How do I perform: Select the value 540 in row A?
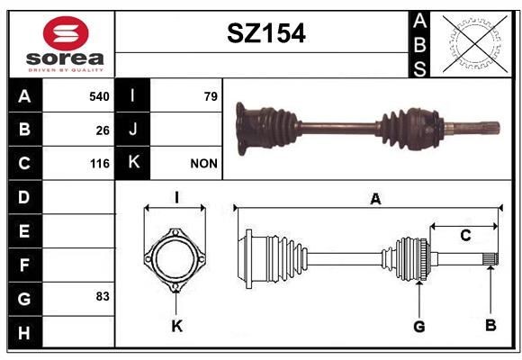(99, 95)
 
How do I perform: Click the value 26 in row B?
(103, 130)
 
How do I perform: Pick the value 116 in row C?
(99, 164)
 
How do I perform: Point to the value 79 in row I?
(211, 95)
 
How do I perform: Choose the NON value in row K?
(203, 164)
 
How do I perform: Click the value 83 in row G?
(103, 295)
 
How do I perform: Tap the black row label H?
(23, 334)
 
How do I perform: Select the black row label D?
(23, 197)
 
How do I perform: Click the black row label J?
(133, 130)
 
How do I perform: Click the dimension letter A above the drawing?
(375, 200)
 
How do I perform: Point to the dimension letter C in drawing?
(464, 236)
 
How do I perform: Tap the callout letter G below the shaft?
(418, 327)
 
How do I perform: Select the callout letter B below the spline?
(490, 325)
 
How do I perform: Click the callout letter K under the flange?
(176, 327)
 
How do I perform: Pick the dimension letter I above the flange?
(176, 197)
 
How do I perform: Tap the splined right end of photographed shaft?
(485, 125)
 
